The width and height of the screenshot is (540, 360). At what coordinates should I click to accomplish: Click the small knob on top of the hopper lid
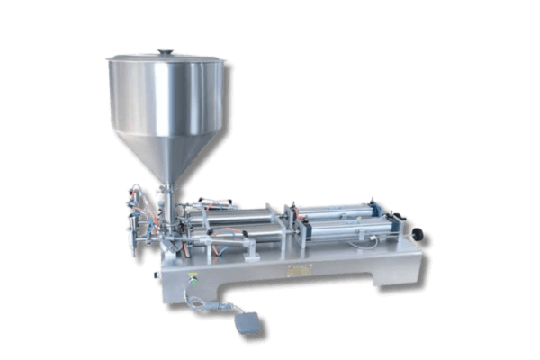click(x=164, y=51)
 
